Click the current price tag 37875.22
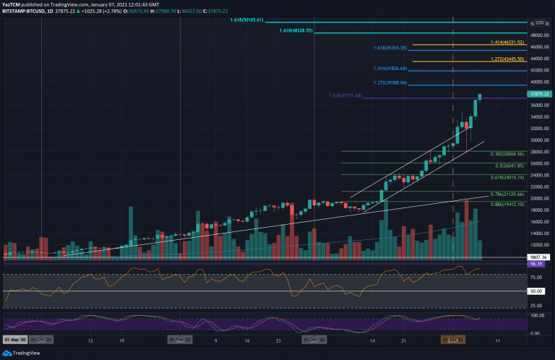click(x=540, y=93)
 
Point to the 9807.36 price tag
click(x=539, y=256)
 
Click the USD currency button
click(x=540, y=23)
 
